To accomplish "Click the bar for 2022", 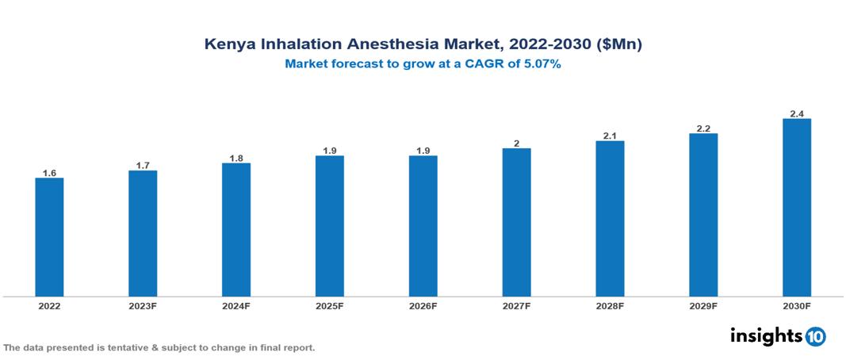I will pos(49,237).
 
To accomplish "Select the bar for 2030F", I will pos(796,208).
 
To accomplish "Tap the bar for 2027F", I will pos(516,222).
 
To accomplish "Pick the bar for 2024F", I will pos(236,230).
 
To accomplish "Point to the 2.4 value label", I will pos(796,113).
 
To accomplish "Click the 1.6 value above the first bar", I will pos(49,172).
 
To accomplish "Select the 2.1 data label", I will pos(610,136).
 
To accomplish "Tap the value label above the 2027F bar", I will pos(516,143).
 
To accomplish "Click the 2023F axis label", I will pos(143,305).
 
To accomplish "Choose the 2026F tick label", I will pos(423,305).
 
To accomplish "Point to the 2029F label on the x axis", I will pos(702,305).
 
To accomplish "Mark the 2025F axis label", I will pos(329,305).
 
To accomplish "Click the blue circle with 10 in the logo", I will pos(815,336).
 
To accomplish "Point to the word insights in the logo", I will pos(766,335).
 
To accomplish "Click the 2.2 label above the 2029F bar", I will pos(702,128).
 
